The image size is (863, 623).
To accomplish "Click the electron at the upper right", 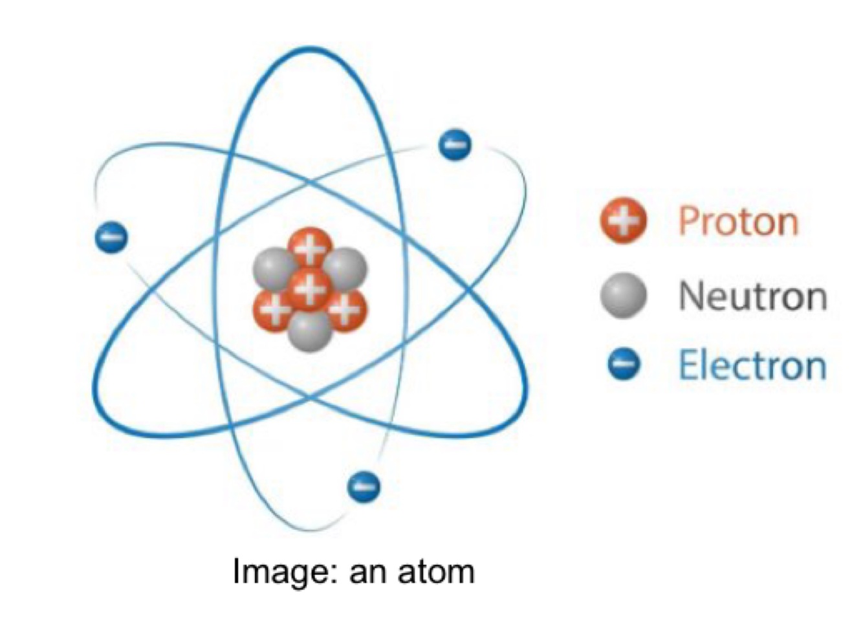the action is click(454, 144).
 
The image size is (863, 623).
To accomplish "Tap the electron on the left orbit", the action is click(111, 237).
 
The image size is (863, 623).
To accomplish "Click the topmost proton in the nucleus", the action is click(310, 246).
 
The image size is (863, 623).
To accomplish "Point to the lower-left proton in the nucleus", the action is click(272, 309).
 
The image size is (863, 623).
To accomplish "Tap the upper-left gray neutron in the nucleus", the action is click(272, 268).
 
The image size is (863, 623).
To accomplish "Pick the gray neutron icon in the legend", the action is click(623, 295).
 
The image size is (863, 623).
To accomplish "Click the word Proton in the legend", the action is click(738, 222).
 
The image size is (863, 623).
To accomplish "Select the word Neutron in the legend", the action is click(752, 296).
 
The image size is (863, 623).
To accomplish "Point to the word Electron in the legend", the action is click(752, 366).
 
